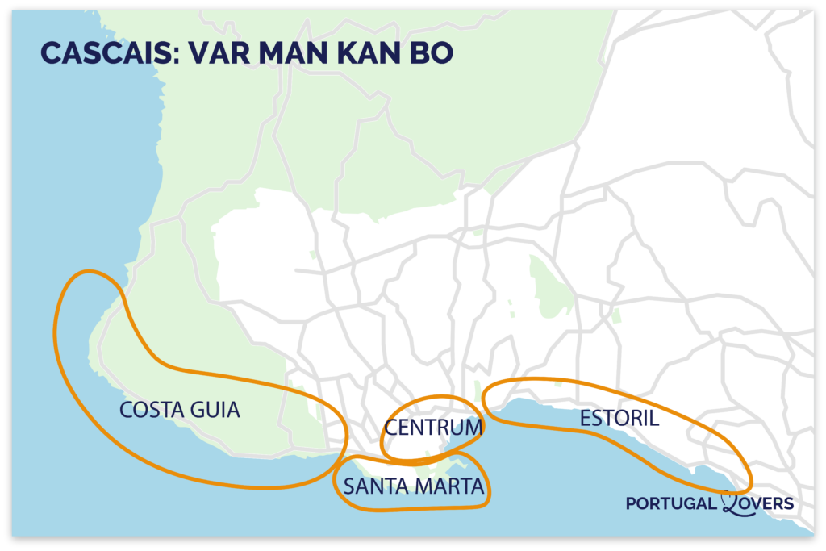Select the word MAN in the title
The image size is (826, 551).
(283, 52)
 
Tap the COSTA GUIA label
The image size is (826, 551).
(180, 410)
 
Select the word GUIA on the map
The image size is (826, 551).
(215, 410)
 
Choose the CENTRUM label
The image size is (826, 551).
(433, 427)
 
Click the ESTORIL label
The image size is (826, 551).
(619, 419)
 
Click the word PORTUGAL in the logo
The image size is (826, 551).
(671, 503)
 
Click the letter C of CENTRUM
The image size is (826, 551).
(391, 427)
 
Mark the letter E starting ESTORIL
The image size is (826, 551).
(585, 419)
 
